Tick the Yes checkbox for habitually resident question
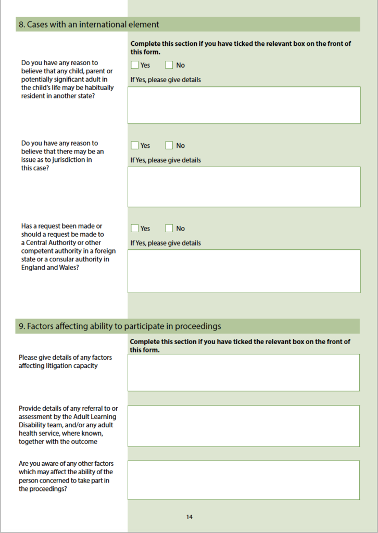[x=135, y=65]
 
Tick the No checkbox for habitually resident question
[x=169, y=65]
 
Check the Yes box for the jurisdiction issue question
[x=135, y=145]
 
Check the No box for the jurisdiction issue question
[x=169, y=145]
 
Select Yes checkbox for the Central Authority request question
[x=135, y=228]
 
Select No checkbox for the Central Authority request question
[x=169, y=228]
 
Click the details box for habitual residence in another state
[x=244, y=105]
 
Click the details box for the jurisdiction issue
[x=244, y=187]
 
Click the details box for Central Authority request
[x=244, y=271]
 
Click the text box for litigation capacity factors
[x=244, y=372]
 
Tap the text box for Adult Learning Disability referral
[x=244, y=426]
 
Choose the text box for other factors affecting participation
[x=244, y=480]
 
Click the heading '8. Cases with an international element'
[x=89, y=24]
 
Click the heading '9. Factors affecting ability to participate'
[x=120, y=326]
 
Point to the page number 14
[x=189, y=517]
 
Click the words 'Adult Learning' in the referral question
[x=96, y=416]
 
